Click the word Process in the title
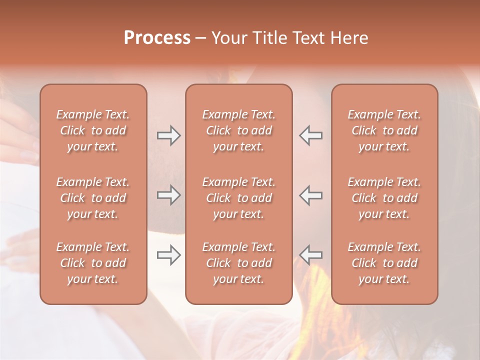pyautogui.click(x=157, y=37)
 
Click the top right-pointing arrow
pyautogui.click(x=168, y=135)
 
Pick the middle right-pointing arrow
pyautogui.click(x=168, y=195)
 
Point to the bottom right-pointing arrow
pyautogui.click(x=168, y=255)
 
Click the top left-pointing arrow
pyautogui.click(x=311, y=135)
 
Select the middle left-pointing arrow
pyautogui.click(x=311, y=195)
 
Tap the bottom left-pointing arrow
pyautogui.click(x=311, y=255)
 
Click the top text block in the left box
pyautogui.click(x=93, y=130)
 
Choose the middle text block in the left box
pyautogui.click(x=93, y=198)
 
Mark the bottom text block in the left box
pyautogui.click(x=93, y=263)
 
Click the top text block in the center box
pyautogui.click(x=238, y=130)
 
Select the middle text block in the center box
pyautogui.click(x=238, y=198)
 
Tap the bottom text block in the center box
pyautogui.click(x=238, y=263)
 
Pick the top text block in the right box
pyautogui.click(x=384, y=130)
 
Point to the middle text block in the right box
pyautogui.click(x=384, y=198)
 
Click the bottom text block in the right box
pyautogui.click(x=384, y=263)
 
